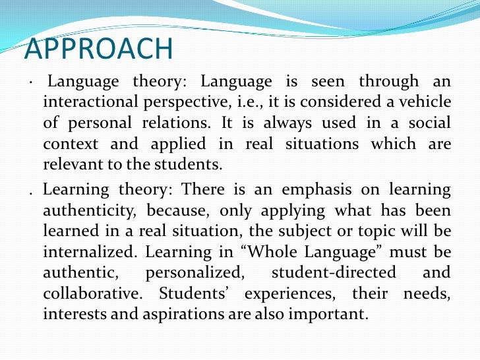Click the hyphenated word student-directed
click(x=333, y=272)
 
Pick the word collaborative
click(x=91, y=293)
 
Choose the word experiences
click(x=258, y=293)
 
